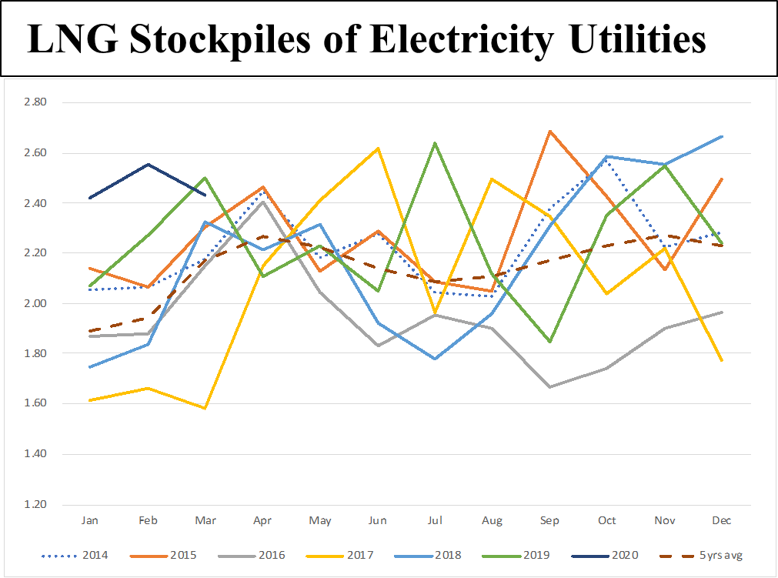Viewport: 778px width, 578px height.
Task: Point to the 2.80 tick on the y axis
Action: click(36, 102)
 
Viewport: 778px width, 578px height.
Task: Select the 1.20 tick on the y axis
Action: click(36, 505)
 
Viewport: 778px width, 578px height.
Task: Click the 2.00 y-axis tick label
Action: click(36, 304)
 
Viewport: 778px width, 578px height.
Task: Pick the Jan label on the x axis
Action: click(90, 521)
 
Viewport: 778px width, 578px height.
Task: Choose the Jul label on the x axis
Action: click(435, 521)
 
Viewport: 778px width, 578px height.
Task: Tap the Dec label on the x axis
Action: click(722, 521)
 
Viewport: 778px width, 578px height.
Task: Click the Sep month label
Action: click(549, 521)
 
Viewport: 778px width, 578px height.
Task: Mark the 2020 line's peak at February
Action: click(148, 164)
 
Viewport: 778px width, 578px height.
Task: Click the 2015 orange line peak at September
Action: click(549, 131)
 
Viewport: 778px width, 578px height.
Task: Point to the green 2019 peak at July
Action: click(435, 143)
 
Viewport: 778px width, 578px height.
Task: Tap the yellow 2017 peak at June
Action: click(377, 148)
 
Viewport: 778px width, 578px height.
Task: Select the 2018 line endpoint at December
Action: click(722, 136)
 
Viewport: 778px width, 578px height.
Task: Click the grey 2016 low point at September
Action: click(549, 386)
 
